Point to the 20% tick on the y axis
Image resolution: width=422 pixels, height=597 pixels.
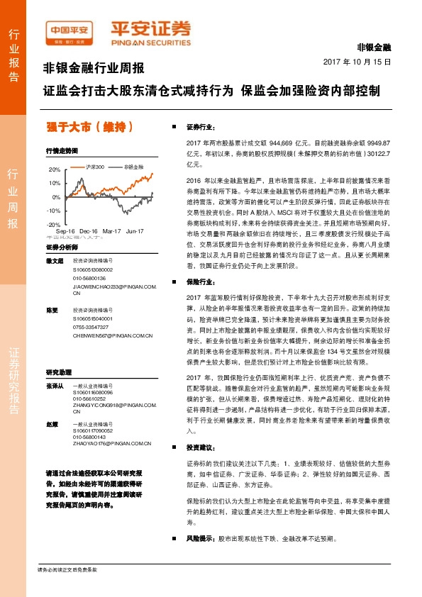(55, 170)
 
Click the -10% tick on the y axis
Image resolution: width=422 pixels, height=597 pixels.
(54, 211)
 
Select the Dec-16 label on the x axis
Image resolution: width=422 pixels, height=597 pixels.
(89, 231)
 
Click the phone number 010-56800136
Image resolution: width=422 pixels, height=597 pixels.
(89, 279)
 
